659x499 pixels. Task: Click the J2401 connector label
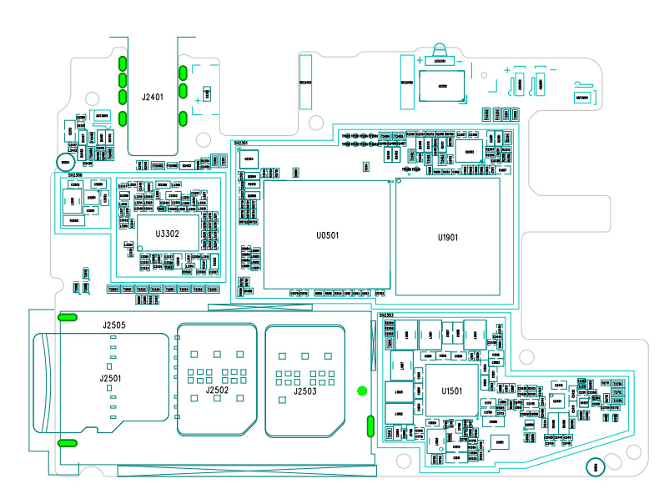point(152,98)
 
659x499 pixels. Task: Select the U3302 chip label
point(166,234)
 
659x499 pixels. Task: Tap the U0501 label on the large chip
point(328,236)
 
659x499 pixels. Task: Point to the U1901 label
point(449,237)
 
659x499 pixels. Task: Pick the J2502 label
point(217,390)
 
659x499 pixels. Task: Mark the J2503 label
point(305,391)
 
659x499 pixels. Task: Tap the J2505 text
point(114,325)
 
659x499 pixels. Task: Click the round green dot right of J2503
point(361,391)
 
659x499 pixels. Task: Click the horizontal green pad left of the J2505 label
point(68,317)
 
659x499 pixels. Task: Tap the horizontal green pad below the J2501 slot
point(68,443)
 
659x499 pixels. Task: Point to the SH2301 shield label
point(241,144)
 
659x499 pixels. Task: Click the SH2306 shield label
point(74,175)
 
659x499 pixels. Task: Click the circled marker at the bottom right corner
point(596,468)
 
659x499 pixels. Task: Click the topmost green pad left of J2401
point(123,63)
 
